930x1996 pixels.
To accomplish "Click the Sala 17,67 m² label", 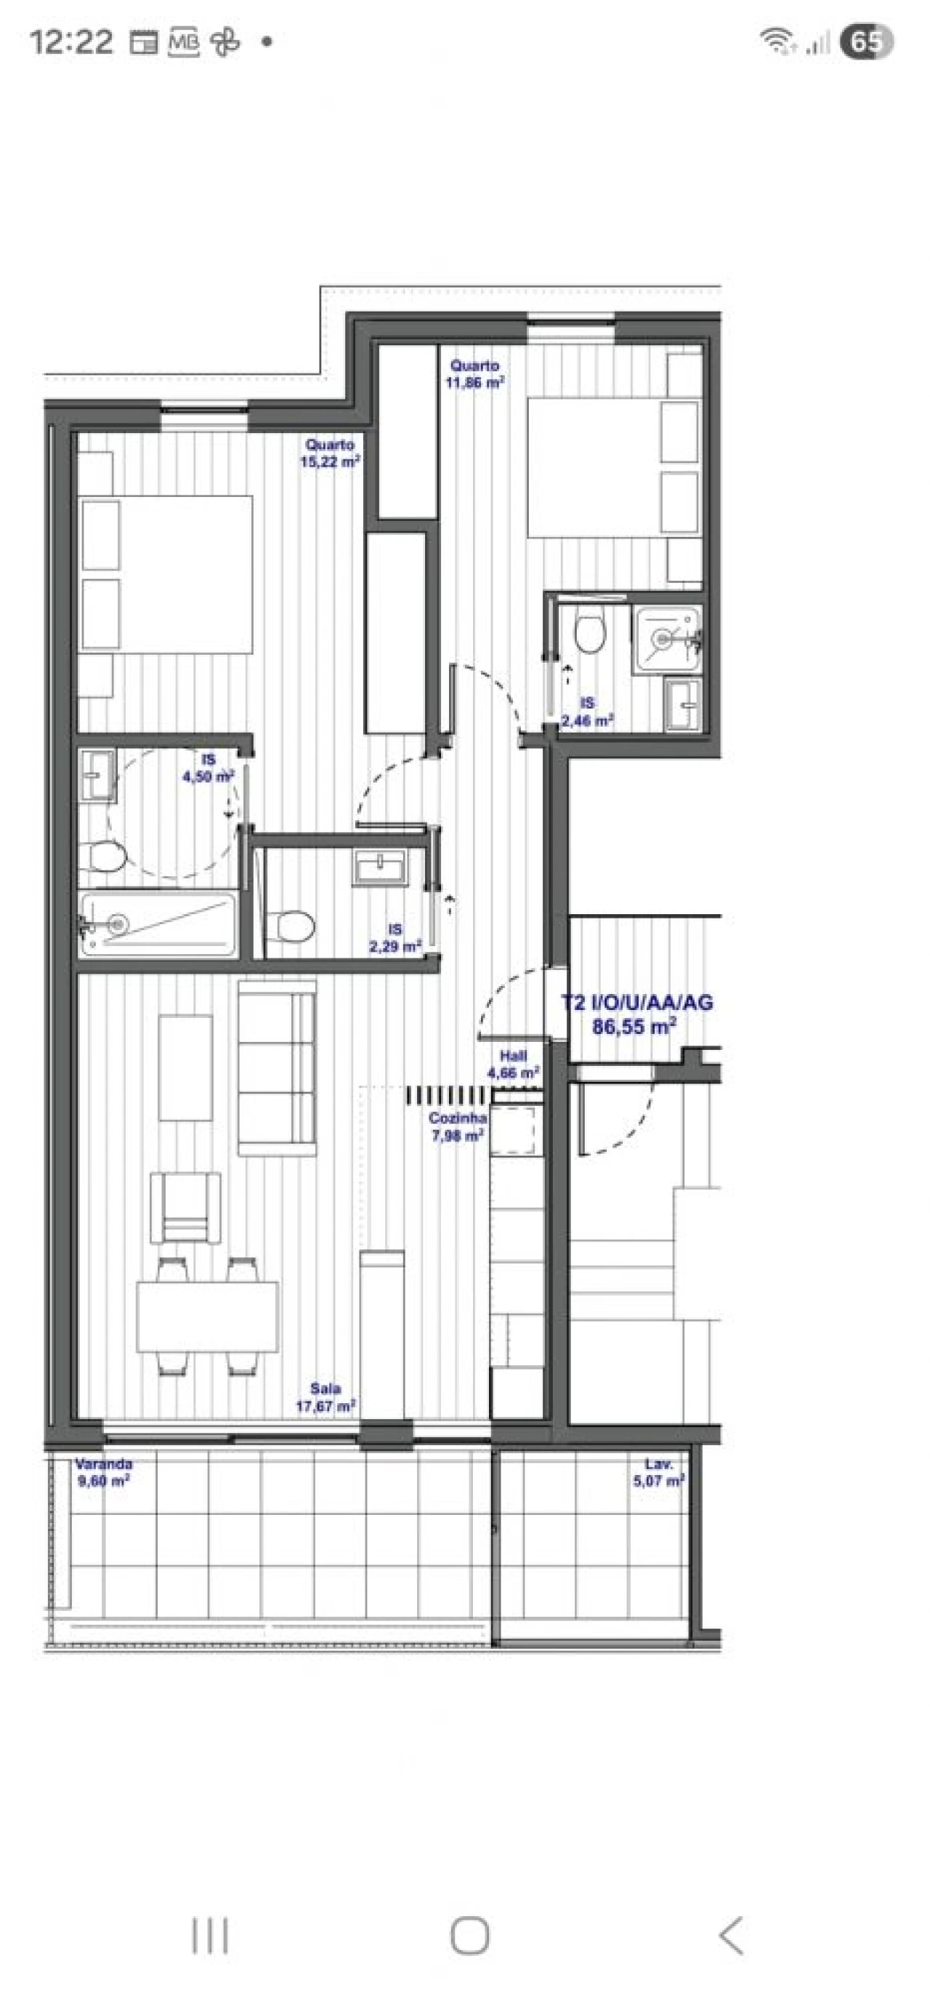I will point(325,1398).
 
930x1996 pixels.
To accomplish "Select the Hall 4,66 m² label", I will point(513,1064).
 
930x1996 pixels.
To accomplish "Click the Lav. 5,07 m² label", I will point(659,1472).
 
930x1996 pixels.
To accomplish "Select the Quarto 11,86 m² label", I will point(475,373).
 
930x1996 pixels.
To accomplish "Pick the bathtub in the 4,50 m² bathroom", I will point(158,924).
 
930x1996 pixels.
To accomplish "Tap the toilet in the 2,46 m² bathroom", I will point(590,631).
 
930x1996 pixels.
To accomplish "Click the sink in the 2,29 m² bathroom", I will point(379,866).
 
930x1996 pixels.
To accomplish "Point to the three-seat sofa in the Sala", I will point(277,1067).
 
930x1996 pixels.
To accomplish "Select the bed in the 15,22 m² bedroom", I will point(166,573).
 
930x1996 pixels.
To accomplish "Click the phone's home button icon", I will point(469,1936).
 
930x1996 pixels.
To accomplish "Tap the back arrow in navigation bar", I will point(730,1936).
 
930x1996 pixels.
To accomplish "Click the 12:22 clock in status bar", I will point(71,42).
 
